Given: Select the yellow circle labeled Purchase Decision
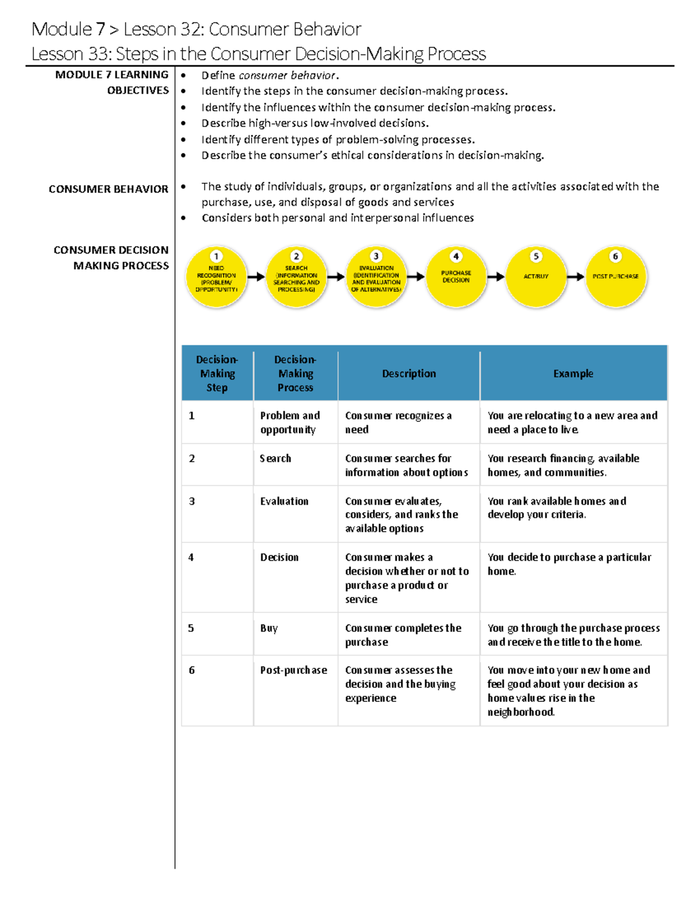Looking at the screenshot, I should pyautogui.click(x=456, y=277).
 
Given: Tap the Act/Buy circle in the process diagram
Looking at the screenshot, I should pyautogui.click(x=536, y=277).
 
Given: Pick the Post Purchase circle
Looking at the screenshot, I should pyautogui.click(x=615, y=277).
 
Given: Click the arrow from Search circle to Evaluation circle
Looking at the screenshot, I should pyautogui.click(x=335, y=277).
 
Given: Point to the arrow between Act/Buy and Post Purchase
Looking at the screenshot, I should pyautogui.click(x=575, y=277).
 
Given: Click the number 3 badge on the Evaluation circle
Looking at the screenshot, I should pyautogui.click(x=376, y=256).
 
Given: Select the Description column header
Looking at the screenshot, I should pyautogui.click(x=409, y=373).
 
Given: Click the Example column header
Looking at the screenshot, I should pyautogui.click(x=573, y=373).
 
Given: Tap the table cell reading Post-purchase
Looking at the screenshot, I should pyautogui.click(x=293, y=670).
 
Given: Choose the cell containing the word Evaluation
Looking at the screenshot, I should pyautogui.click(x=284, y=501).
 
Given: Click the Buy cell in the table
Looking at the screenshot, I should pyautogui.click(x=269, y=628).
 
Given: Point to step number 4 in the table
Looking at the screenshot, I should pyautogui.click(x=191, y=558).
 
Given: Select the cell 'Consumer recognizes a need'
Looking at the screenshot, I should pyautogui.click(x=398, y=422).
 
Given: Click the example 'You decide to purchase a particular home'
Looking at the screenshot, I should pyautogui.click(x=569, y=564).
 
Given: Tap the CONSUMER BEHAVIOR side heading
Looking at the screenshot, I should pyautogui.click(x=108, y=189).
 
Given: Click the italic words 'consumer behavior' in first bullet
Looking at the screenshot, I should pyautogui.click(x=287, y=75).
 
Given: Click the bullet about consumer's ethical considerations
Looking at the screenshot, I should pyautogui.click(x=372, y=155).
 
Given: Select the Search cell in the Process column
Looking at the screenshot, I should pyautogui.click(x=275, y=459).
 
